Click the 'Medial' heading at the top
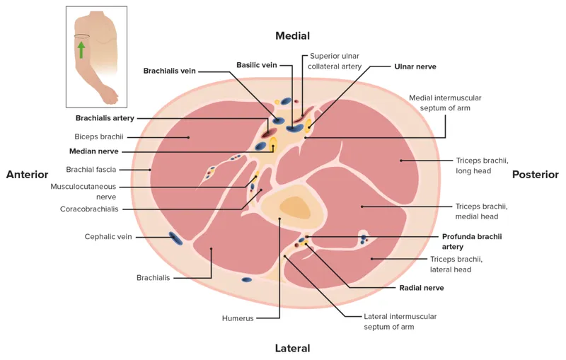pyautogui.click(x=292, y=35)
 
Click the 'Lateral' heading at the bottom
pyautogui.click(x=292, y=348)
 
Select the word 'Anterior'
pyautogui.click(x=27, y=175)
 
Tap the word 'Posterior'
pyautogui.click(x=536, y=175)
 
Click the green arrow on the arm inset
pyautogui.click(x=81, y=49)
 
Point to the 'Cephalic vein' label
pyautogui.click(x=108, y=237)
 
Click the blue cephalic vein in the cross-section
pyautogui.click(x=175, y=239)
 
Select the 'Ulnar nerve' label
pyautogui.click(x=415, y=66)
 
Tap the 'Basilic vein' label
pyautogui.click(x=257, y=65)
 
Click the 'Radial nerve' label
pyautogui.click(x=422, y=288)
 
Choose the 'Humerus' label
pyautogui.click(x=237, y=318)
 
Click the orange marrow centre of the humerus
pyautogui.click(x=294, y=207)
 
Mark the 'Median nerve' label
pyautogui.click(x=93, y=151)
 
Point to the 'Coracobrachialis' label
pyautogui.click(x=89, y=209)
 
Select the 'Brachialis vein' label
pyautogui.click(x=169, y=71)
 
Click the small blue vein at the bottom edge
pyautogui.click(x=246, y=280)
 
